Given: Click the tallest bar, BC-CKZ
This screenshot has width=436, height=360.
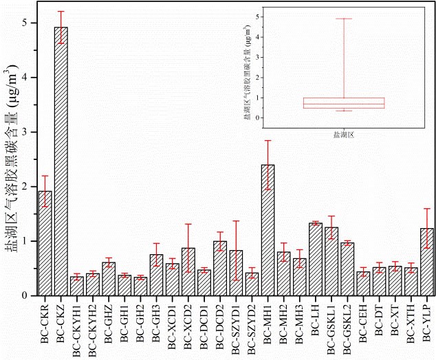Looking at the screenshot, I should (61, 161).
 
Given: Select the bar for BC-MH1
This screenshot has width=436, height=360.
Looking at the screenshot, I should (268, 230).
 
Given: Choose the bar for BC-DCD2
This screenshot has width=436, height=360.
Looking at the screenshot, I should (219, 268).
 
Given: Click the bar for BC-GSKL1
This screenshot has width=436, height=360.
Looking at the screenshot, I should (331, 261).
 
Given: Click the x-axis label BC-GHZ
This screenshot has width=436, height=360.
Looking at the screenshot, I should (109, 323).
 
